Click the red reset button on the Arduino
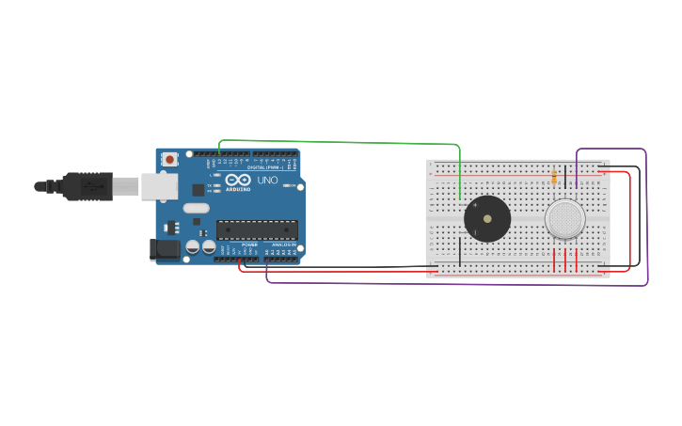169,160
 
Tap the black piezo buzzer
487,219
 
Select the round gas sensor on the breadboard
564,218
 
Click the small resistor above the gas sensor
554,176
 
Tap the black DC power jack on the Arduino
165,249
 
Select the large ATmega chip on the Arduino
257,229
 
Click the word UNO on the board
268,180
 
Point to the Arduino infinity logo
238,179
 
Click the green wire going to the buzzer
339,142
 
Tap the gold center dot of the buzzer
487,219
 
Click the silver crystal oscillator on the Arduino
196,208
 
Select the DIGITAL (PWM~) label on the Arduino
264,166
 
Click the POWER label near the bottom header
249,245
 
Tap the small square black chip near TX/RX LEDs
198,190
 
